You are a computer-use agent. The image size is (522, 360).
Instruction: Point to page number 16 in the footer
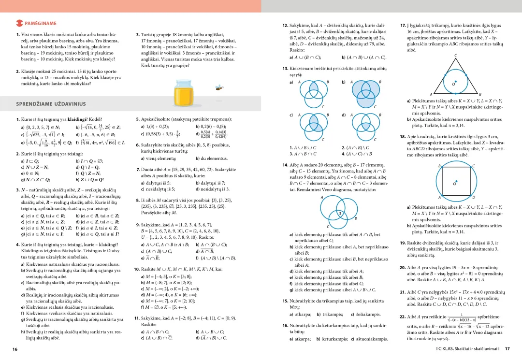(15, 349)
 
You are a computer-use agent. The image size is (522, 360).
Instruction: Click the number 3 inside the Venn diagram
(340, 213)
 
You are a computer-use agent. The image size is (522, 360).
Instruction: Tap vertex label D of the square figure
(473, 198)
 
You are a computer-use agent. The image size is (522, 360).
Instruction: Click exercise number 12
(285, 25)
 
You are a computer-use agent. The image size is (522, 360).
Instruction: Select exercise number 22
(402, 317)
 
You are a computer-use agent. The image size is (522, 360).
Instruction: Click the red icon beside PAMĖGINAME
(19, 23)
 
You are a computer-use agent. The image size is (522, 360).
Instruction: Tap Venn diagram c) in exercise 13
(313, 125)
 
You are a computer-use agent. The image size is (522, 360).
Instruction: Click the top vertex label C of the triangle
(455, 56)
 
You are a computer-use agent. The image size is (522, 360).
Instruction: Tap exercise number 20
(402, 267)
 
